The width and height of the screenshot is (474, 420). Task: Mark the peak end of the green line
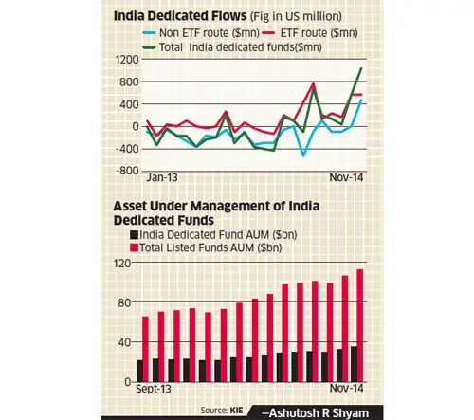[x=360, y=68]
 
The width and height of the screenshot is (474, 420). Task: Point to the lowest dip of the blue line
[x=304, y=155]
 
